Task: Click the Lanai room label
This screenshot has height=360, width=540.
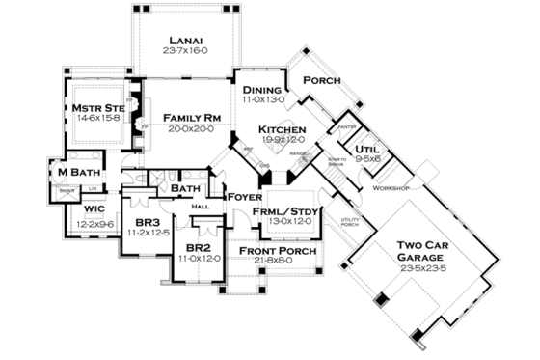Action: pyautogui.click(x=183, y=42)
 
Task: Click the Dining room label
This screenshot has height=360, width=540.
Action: pyautogui.click(x=261, y=89)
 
